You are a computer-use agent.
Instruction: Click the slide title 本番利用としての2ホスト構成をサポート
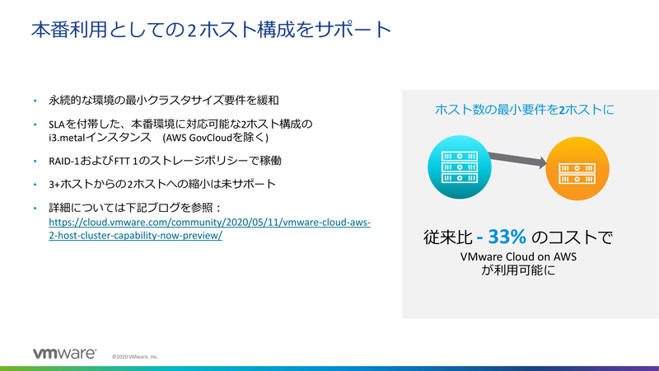tap(210, 31)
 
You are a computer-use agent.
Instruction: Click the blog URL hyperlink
tap(209, 229)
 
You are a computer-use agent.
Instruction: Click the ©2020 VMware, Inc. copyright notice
tap(135, 357)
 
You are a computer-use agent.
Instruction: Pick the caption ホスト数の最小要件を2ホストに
tap(525, 110)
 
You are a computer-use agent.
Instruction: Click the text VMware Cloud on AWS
tap(518, 256)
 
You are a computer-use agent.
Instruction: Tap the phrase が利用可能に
tap(519, 270)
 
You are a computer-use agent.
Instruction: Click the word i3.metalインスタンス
tap(97, 136)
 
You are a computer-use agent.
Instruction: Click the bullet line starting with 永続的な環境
tap(164, 101)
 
